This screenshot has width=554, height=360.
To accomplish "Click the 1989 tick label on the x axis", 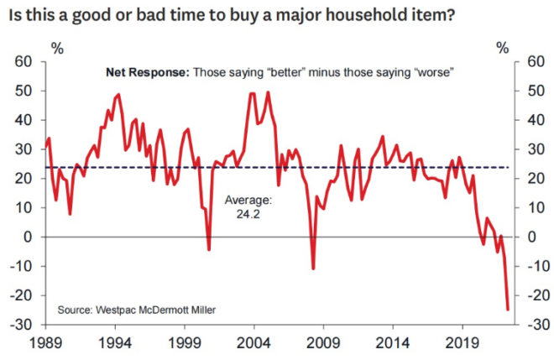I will (47, 343).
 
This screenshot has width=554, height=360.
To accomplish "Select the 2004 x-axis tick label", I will (254, 343).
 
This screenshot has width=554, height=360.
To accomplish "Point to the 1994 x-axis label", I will (116, 343).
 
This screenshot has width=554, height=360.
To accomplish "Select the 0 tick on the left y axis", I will (29, 237).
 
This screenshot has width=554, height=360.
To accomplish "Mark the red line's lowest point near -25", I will (508, 310).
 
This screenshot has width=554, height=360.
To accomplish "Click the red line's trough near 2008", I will (313, 269).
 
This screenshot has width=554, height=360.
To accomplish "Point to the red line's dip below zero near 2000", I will (209, 249).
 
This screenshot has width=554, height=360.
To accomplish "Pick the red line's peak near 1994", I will (118, 94).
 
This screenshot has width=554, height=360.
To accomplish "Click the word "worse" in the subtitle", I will (433, 72).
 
